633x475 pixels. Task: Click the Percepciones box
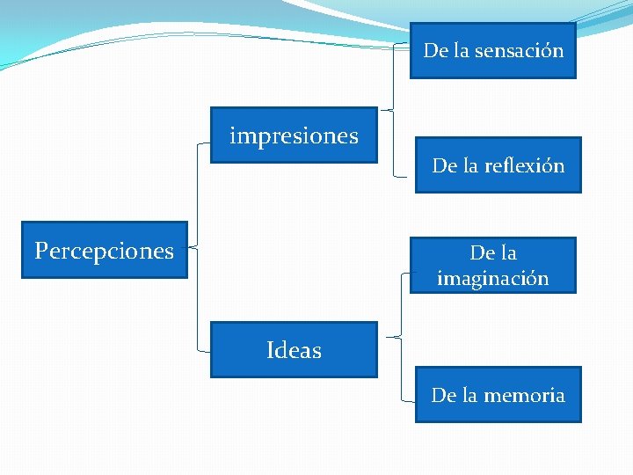[x=104, y=250]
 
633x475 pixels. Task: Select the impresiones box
[x=294, y=135]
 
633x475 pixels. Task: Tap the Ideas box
[x=294, y=350]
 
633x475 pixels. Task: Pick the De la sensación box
[x=492, y=50]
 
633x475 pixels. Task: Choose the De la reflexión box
[x=498, y=164]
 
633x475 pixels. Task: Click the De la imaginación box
[x=492, y=265]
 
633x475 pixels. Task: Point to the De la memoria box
[x=498, y=395]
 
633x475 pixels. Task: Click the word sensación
[x=519, y=50]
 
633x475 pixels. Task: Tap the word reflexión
[x=524, y=165]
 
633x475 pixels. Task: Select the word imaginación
[x=492, y=278]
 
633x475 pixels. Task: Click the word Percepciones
[x=104, y=251]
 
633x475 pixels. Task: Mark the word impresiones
[x=294, y=136]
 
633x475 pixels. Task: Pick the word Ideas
[x=294, y=350]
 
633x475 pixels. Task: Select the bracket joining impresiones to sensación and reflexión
[x=392, y=109]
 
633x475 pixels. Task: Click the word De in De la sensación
[x=435, y=50]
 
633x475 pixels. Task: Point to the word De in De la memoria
[x=442, y=396]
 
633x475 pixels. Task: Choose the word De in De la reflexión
[x=443, y=165]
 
